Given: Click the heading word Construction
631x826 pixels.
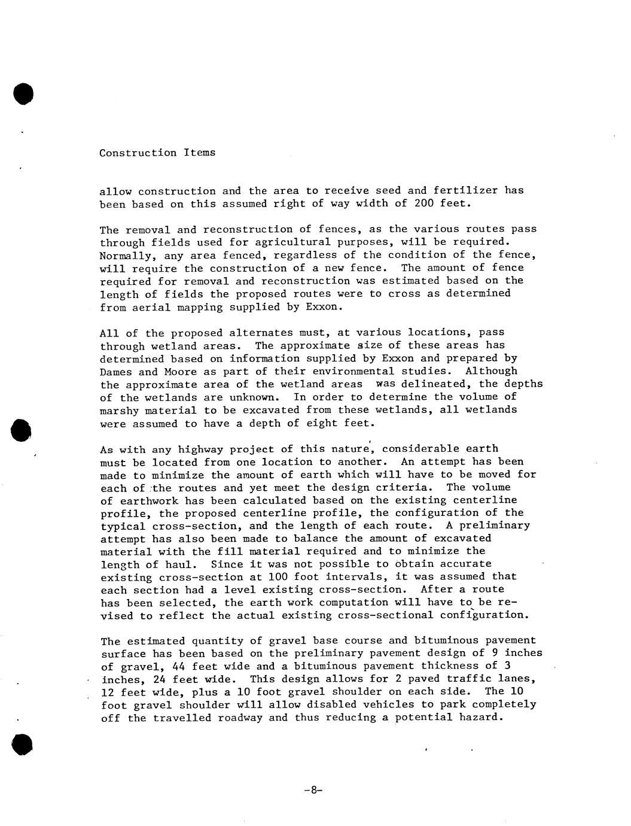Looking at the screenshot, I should tap(138, 153).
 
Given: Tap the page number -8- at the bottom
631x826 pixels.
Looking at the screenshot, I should tap(313, 790).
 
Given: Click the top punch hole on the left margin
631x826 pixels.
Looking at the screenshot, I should tap(23, 94).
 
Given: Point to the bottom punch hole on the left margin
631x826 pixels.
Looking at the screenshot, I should tap(22, 743).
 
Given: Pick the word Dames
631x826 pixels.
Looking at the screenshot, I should tap(115, 372).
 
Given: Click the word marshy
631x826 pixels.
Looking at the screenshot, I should tap(118, 410).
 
